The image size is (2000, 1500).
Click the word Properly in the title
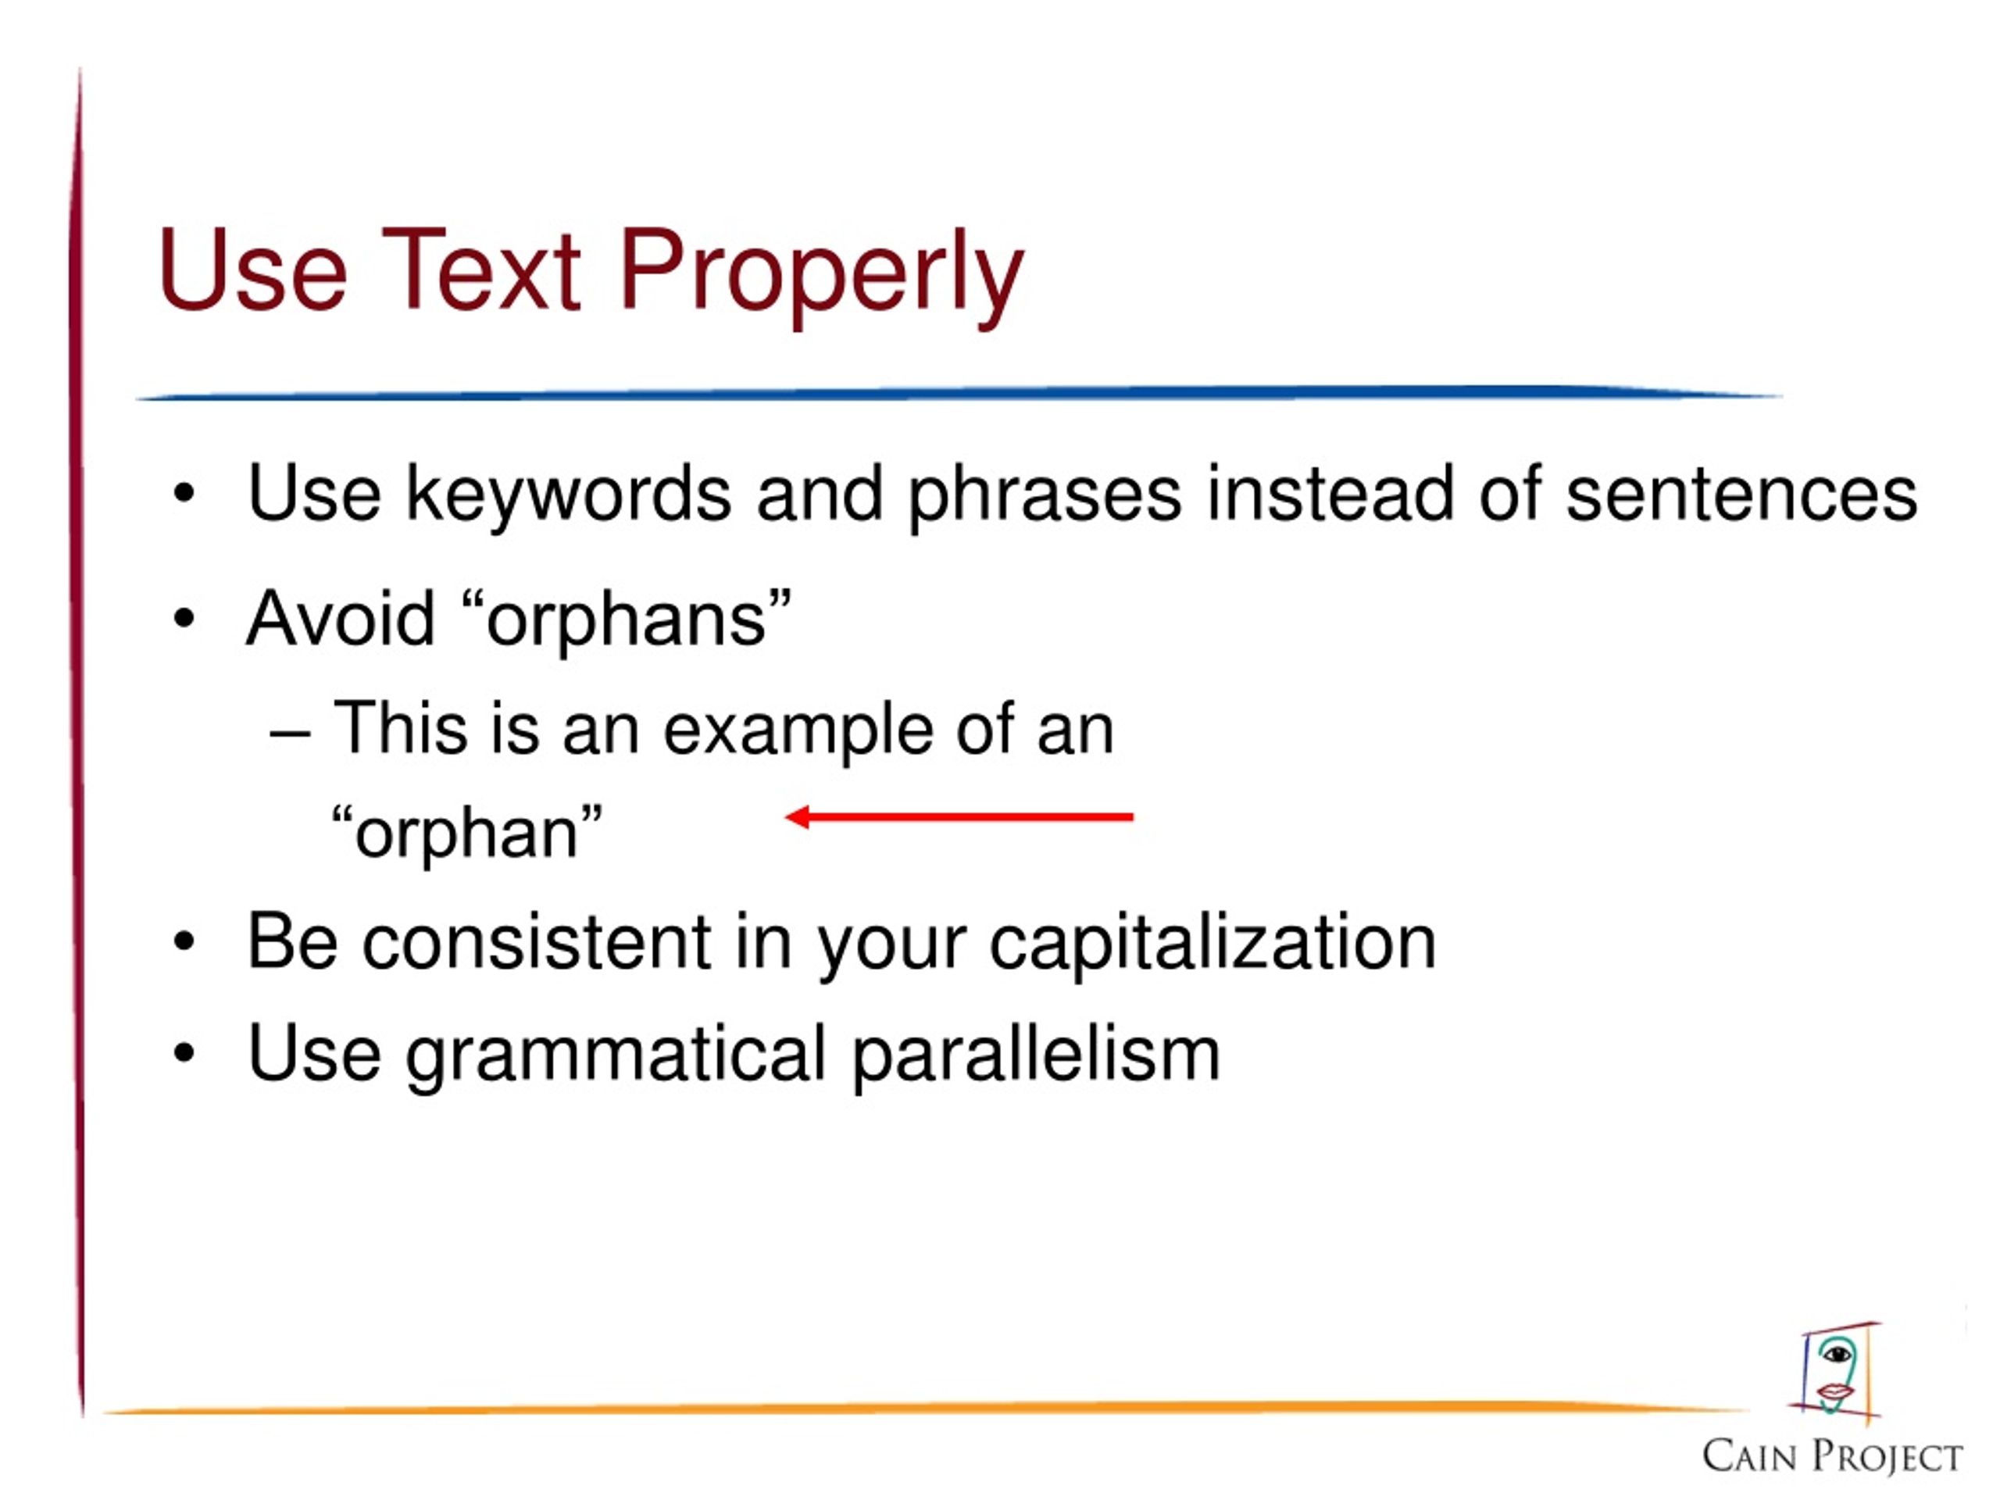[x=821, y=275]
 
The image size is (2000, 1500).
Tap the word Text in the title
[x=481, y=269]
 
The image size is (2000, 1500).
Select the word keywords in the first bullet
[x=568, y=496]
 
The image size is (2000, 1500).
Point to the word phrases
[x=1045, y=496]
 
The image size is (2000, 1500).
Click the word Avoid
[x=341, y=619]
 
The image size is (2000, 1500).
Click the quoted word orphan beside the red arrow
[x=466, y=834]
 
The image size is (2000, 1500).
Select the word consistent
[x=537, y=942]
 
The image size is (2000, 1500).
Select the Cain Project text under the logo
[x=1832, y=1455]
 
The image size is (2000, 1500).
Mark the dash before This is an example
[x=291, y=734]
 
